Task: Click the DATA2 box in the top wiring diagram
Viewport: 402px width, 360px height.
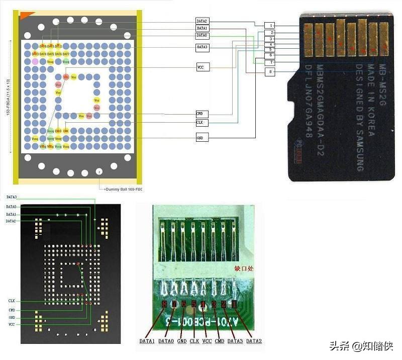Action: coord(202,21)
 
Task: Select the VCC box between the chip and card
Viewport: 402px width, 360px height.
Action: coord(202,67)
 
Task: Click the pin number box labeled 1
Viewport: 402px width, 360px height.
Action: coord(271,25)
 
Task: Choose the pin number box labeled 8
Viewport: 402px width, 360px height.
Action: coord(271,72)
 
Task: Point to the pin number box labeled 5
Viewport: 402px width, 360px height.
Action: coord(271,49)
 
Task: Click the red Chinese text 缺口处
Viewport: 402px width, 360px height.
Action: coord(243,268)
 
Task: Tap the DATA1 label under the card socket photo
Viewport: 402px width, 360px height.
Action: coord(147,341)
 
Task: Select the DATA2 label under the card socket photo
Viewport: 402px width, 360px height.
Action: coord(254,341)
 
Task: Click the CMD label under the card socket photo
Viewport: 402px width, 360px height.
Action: coord(220,341)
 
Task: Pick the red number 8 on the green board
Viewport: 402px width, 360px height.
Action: coord(164,304)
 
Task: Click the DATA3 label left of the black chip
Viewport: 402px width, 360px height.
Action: coord(11,197)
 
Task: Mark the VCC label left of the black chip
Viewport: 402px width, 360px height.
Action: coord(11,325)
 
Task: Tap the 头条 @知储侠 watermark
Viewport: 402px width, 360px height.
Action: coord(361,346)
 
